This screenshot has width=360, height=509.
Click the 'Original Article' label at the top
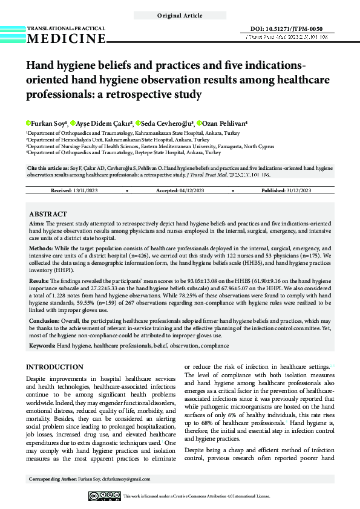(180, 15)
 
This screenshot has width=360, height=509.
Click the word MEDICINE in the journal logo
(66, 39)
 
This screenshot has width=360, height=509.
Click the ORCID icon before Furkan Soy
(28, 123)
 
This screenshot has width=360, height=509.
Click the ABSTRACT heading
(48, 214)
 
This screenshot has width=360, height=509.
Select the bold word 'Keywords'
(42, 345)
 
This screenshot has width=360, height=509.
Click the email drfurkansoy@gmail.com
(126, 479)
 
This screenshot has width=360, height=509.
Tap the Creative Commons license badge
(104, 496)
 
